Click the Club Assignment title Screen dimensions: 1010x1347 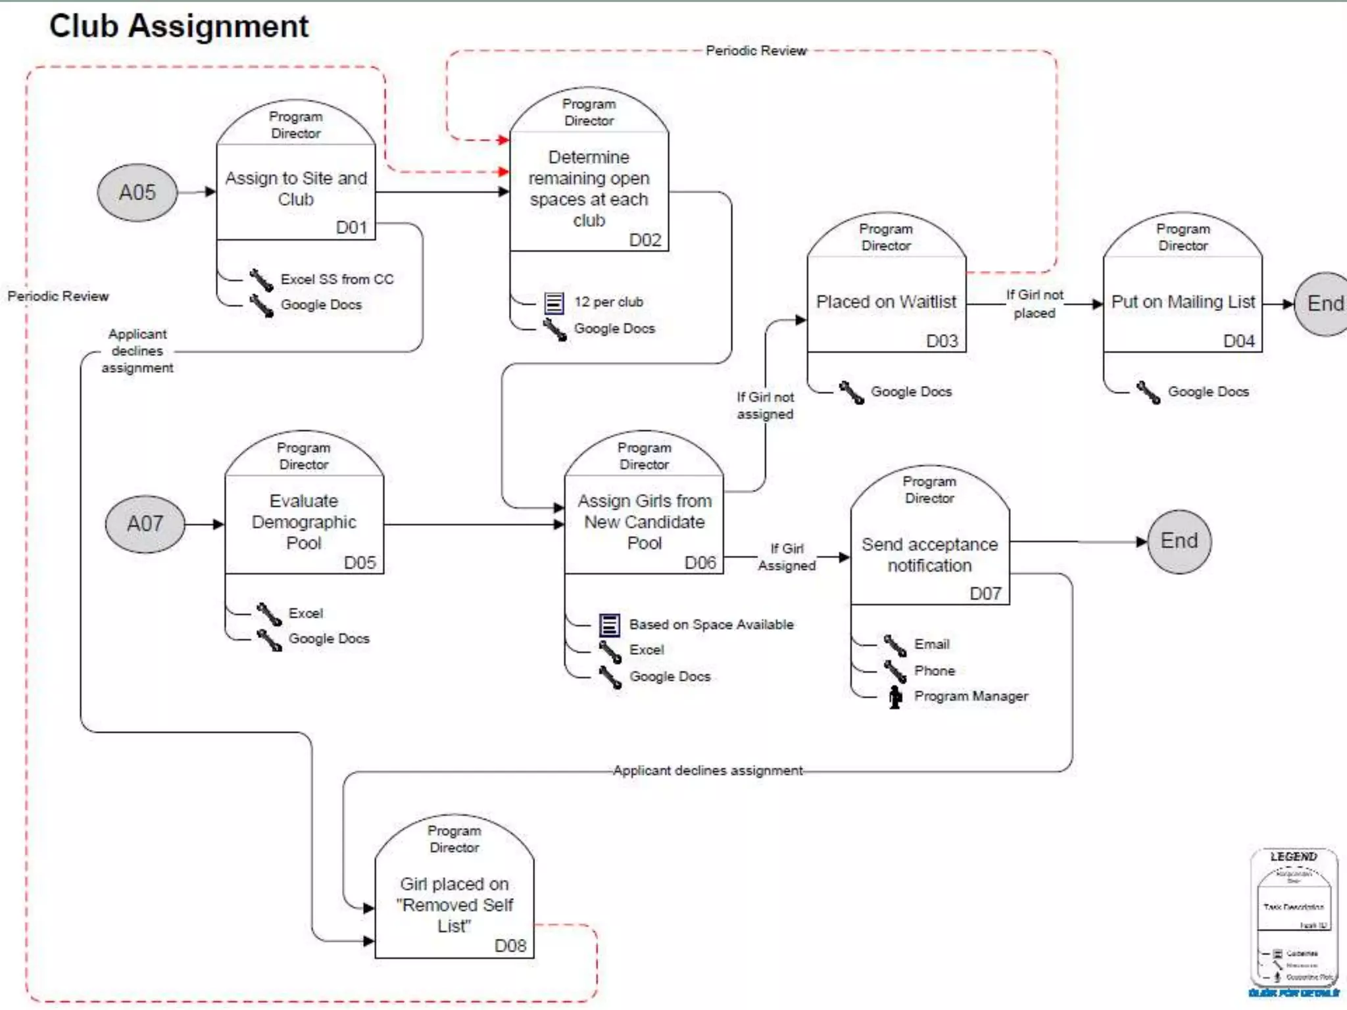point(179,27)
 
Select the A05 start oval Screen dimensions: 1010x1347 point(137,193)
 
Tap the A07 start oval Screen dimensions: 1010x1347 point(145,524)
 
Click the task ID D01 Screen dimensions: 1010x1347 point(351,228)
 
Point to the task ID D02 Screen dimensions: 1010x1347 point(645,240)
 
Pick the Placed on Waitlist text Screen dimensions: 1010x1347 point(886,302)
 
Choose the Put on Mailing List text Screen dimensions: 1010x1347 point(1183,302)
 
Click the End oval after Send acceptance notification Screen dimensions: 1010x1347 point(1179,541)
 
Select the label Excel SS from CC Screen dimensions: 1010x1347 point(337,279)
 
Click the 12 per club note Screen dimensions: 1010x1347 point(608,302)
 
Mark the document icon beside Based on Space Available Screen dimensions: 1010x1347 point(609,625)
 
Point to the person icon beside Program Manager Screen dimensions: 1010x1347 point(895,697)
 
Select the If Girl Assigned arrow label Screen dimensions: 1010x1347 point(787,557)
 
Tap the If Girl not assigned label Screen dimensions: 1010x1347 point(765,406)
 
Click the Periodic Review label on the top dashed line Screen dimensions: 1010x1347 point(756,51)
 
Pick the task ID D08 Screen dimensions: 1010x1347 point(510,946)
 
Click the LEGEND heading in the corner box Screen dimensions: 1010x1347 point(1293,857)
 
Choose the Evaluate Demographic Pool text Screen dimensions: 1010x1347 point(304,522)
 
